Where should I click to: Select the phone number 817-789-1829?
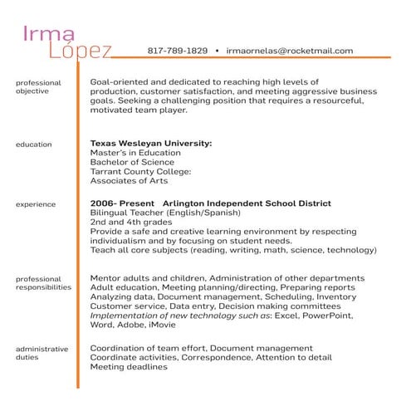(177, 51)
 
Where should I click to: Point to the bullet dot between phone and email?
(216, 51)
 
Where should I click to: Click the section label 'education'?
(33, 144)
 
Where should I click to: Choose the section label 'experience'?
(36, 203)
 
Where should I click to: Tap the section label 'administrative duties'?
(42, 354)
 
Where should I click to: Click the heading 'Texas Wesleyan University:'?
(150, 144)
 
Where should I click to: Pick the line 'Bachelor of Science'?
(131, 162)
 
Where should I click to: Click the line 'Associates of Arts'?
(128, 180)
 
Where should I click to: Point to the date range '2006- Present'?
(120, 203)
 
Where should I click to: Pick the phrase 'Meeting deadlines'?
(128, 366)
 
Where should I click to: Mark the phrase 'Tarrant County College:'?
(140, 171)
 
